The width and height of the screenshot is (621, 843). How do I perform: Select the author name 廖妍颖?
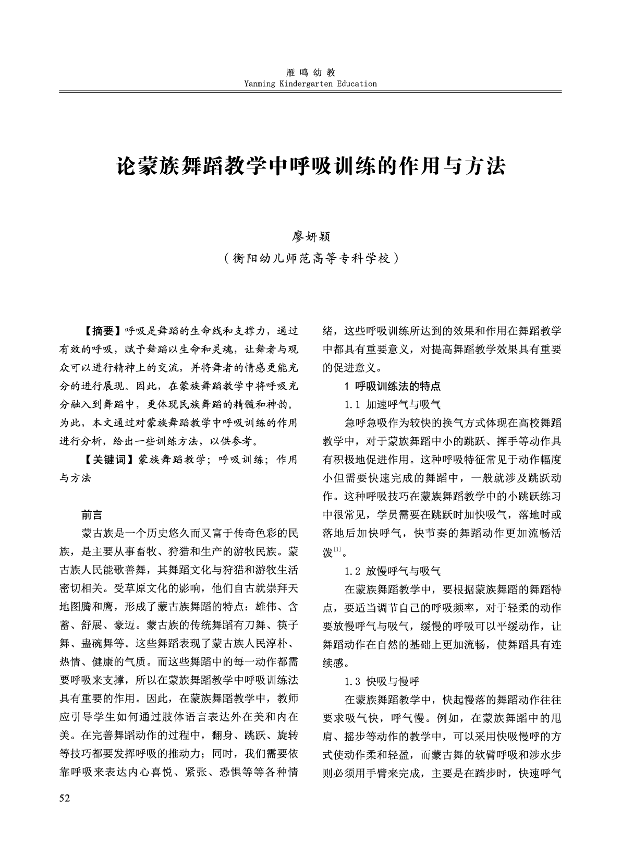click(x=311, y=236)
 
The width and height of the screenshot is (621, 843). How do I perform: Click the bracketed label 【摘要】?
click(x=102, y=331)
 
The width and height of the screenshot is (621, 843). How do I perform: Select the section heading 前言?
click(x=92, y=515)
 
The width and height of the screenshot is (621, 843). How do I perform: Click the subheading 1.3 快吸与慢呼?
click(x=382, y=681)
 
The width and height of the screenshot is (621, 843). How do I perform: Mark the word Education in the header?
click(x=357, y=83)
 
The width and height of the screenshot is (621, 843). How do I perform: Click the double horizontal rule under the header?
click(x=310, y=92)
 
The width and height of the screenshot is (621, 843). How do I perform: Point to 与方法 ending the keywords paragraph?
click(x=76, y=478)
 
